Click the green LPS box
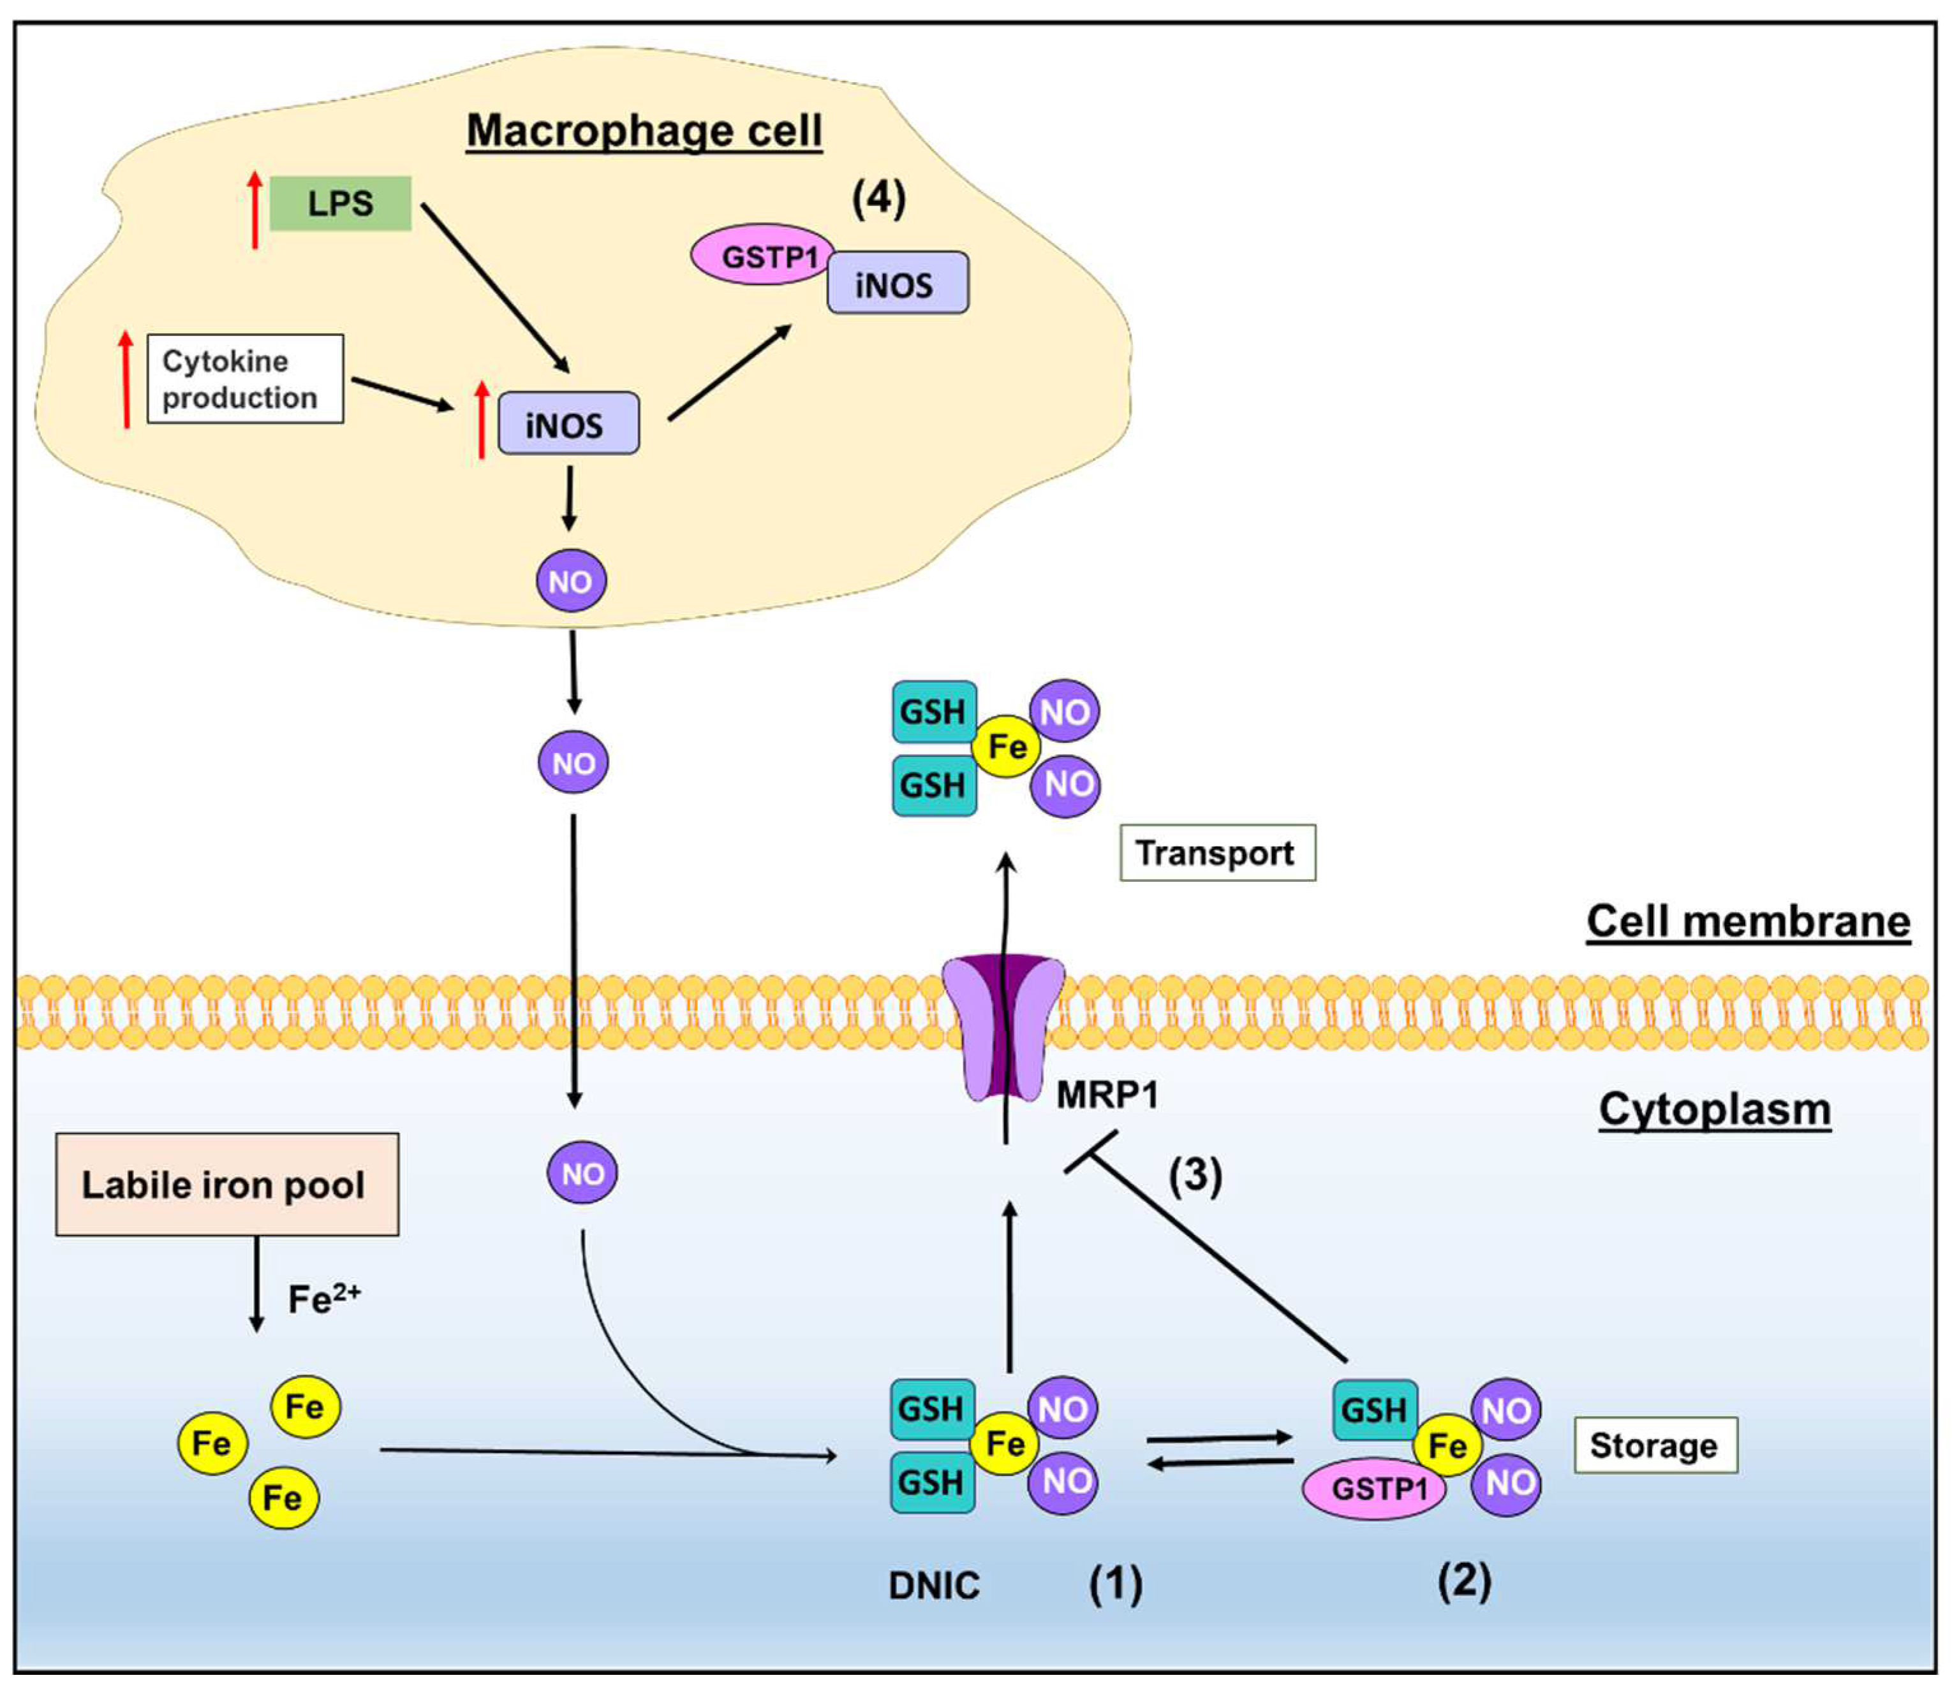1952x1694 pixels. click(x=341, y=203)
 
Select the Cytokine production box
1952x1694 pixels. click(x=245, y=379)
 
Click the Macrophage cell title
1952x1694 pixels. click(x=644, y=131)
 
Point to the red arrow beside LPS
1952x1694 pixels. click(x=255, y=210)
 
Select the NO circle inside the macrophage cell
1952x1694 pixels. click(x=570, y=580)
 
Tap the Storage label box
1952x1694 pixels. click(x=1654, y=1445)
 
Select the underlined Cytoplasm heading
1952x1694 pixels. click(x=1713, y=1109)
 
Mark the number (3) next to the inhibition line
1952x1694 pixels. click(x=1195, y=1175)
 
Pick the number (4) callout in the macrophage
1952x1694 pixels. click(x=878, y=198)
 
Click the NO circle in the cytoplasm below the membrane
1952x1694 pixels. click(x=582, y=1173)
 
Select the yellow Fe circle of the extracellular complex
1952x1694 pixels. click(x=1006, y=747)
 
